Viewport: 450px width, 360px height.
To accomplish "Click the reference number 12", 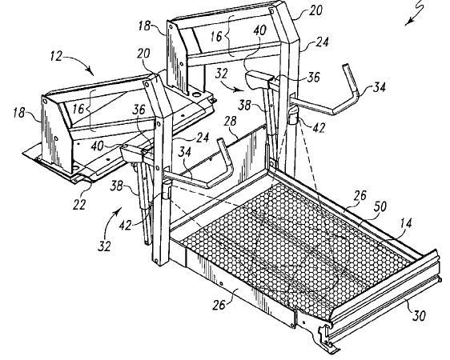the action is (x=56, y=56).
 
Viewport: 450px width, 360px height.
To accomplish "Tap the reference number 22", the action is (x=79, y=205).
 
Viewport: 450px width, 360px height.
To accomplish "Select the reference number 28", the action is (x=231, y=121).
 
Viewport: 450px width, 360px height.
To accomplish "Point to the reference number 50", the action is (x=380, y=206).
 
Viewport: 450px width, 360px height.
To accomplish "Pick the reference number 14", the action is (x=405, y=223).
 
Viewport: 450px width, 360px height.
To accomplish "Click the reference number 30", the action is (x=419, y=315).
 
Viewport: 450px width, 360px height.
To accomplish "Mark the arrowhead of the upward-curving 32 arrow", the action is (x=119, y=211).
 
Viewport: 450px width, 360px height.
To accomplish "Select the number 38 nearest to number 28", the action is (x=245, y=105).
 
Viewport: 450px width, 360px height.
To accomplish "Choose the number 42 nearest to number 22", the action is (x=126, y=226).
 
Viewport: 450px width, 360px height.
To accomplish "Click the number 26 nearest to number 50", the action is (x=360, y=195).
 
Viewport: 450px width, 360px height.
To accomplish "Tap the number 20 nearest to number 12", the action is (x=143, y=54).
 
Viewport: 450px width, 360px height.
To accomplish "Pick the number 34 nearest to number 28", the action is (x=184, y=152).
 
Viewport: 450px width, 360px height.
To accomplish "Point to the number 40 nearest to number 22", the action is (x=98, y=146).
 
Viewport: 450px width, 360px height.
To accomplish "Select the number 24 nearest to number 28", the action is (x=203, y=138).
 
